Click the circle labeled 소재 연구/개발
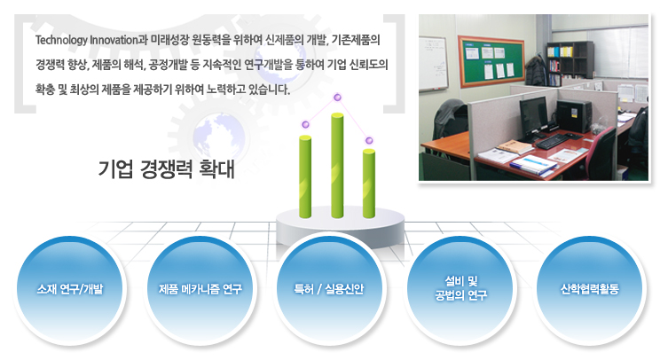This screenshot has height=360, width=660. pyautogui.click(x=70, y=290)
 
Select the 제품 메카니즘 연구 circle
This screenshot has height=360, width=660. pyautogui.click(x=200, y=290)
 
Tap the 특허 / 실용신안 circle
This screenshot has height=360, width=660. pyautogui.click(x=330, y=290)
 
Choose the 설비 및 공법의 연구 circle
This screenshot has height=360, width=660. pyautogui.click(x=460, y=290)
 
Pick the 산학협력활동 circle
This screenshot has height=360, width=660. pyautogui.click(x=590, y=290)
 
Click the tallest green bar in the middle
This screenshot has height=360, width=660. pyautogui.click(x=337, y=165)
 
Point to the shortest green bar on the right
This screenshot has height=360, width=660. pyautogui.click(x=369, y=184)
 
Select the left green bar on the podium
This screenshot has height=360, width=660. pyautogui.click(x=305, y=176)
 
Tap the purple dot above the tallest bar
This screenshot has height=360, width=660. pyautogui.click(x=337, y=98)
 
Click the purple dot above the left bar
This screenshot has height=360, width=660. pyautogui.click(x=305, y=124)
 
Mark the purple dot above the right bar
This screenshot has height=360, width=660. pyautogui.click(x=369, y=140)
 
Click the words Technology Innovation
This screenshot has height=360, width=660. pyautogui.click(x=87, y=41)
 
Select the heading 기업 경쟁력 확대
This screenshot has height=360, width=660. pyautogui.click(x=166, y=169)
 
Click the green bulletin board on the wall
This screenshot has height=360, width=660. pyautogui.click(x=491, y=61)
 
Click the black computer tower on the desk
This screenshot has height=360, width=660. pyautogui.click(x=574, y=116)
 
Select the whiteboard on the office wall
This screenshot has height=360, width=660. pyautogui.click(x=433, y=64)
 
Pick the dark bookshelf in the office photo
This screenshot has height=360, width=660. pyautogui.click(x=570, y=63)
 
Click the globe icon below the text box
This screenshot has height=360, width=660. pyautogui.click(x=218, y=137)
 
